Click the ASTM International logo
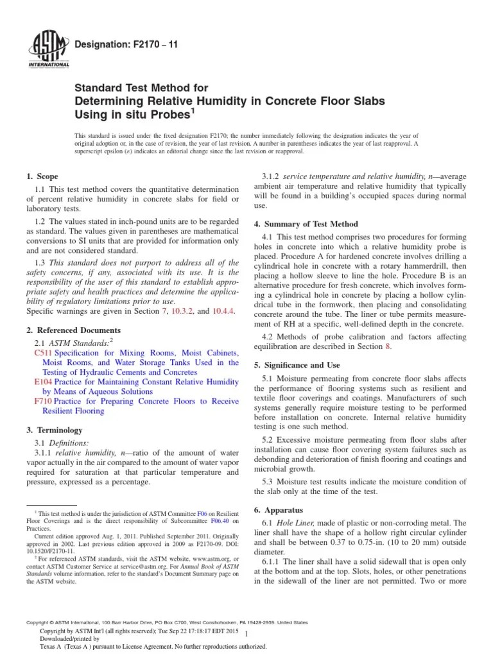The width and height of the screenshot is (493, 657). (x=49, y=49)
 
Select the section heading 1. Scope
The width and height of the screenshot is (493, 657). (x=42, y=176)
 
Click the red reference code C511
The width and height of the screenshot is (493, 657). (x=43, y=353)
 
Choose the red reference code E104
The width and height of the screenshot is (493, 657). (x=43, y=382)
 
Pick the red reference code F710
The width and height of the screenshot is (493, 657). (x=43, y=401)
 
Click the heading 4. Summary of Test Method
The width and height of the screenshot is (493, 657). (x=306, y=224)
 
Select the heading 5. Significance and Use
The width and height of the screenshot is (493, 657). (x=301, y=364)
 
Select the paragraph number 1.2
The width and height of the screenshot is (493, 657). (x=40, y=221)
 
